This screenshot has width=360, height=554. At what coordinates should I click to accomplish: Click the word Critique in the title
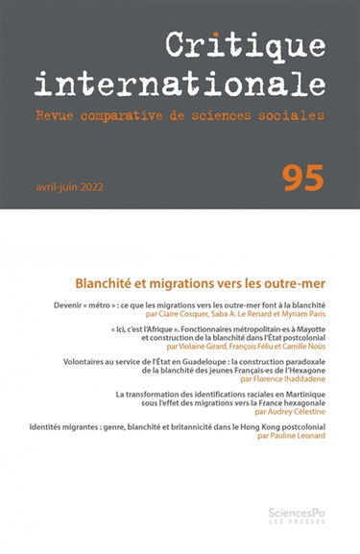(x=245, y=44)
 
